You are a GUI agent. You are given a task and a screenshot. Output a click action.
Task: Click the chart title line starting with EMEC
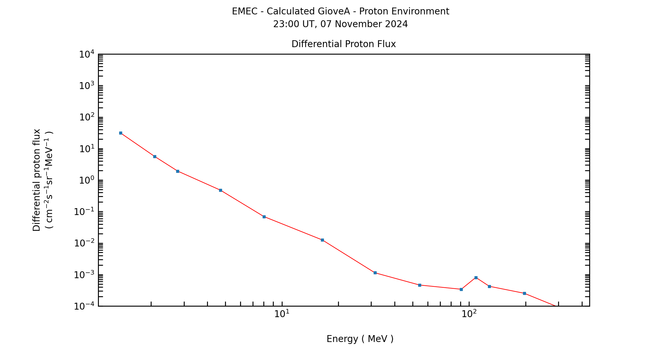point(340,11)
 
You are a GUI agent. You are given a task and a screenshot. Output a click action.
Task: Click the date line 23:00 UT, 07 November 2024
point(340,24)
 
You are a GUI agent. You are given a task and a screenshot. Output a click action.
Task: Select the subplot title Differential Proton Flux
point(344,44)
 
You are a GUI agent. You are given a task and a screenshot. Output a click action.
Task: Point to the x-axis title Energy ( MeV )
point(360,339)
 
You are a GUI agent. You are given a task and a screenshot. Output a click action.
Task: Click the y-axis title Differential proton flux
point(37,180)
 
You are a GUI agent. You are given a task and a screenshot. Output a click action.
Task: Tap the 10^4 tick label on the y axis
point(87,54)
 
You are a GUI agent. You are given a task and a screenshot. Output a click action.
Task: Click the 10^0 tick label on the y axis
point(87,180)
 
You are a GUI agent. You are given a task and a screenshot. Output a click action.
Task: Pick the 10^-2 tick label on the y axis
point(84,243)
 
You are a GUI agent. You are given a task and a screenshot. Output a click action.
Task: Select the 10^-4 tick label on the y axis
point(84,306)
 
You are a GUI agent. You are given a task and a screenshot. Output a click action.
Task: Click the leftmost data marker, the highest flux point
point(121,133)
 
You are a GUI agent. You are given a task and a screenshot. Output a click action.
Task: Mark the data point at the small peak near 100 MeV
point(476,278)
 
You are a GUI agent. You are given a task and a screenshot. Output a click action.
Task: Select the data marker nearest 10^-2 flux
point(322,240)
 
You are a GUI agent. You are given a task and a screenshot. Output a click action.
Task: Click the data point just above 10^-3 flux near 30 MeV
point(375,273)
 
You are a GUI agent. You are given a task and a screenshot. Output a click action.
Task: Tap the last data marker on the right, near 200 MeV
point(524,293)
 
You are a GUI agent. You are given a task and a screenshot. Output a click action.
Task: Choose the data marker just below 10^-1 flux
point(264,217)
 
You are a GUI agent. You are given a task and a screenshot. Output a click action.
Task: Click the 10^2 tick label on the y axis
point(87,117)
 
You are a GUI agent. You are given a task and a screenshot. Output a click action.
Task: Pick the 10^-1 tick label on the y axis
point(84,212)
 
